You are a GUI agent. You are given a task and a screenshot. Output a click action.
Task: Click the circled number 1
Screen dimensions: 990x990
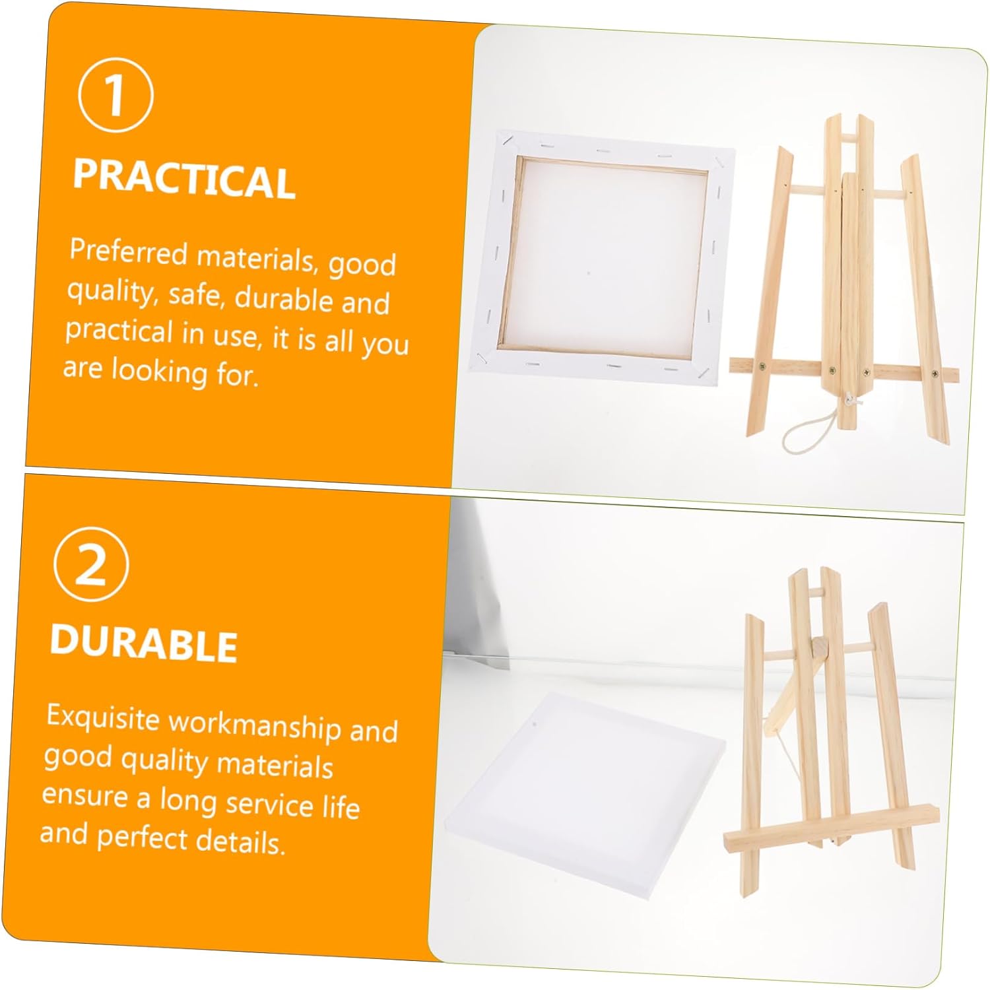pyautogui.click(x=116, y=95)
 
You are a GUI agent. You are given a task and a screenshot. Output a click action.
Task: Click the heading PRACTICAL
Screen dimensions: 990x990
pyautogui.click(x=184, y=179)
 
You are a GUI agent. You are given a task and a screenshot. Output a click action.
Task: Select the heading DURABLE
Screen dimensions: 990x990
pyautogui.click(x=144, y=642)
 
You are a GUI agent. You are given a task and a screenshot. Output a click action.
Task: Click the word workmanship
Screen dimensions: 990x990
pyautogui.click(x=255, y=725)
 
